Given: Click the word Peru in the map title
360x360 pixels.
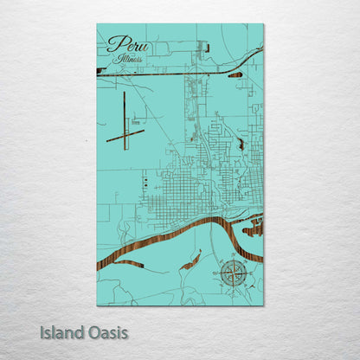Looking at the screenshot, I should point(123,44).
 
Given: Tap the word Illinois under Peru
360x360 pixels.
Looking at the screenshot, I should point(128,60).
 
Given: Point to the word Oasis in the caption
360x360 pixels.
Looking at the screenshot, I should point(107,332).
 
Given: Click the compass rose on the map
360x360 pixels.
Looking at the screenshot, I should point(232,273).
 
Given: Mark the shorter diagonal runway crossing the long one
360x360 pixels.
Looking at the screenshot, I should point(125,135).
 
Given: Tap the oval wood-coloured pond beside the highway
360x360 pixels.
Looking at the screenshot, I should point(235,75).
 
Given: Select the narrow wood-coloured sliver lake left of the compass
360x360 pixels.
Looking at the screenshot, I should point(191,260).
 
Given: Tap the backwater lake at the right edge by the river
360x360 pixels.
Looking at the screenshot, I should point(253,228).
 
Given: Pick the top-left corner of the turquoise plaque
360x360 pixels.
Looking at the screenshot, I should point(98,25).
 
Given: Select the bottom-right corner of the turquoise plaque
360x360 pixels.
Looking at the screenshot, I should point(263,305).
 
